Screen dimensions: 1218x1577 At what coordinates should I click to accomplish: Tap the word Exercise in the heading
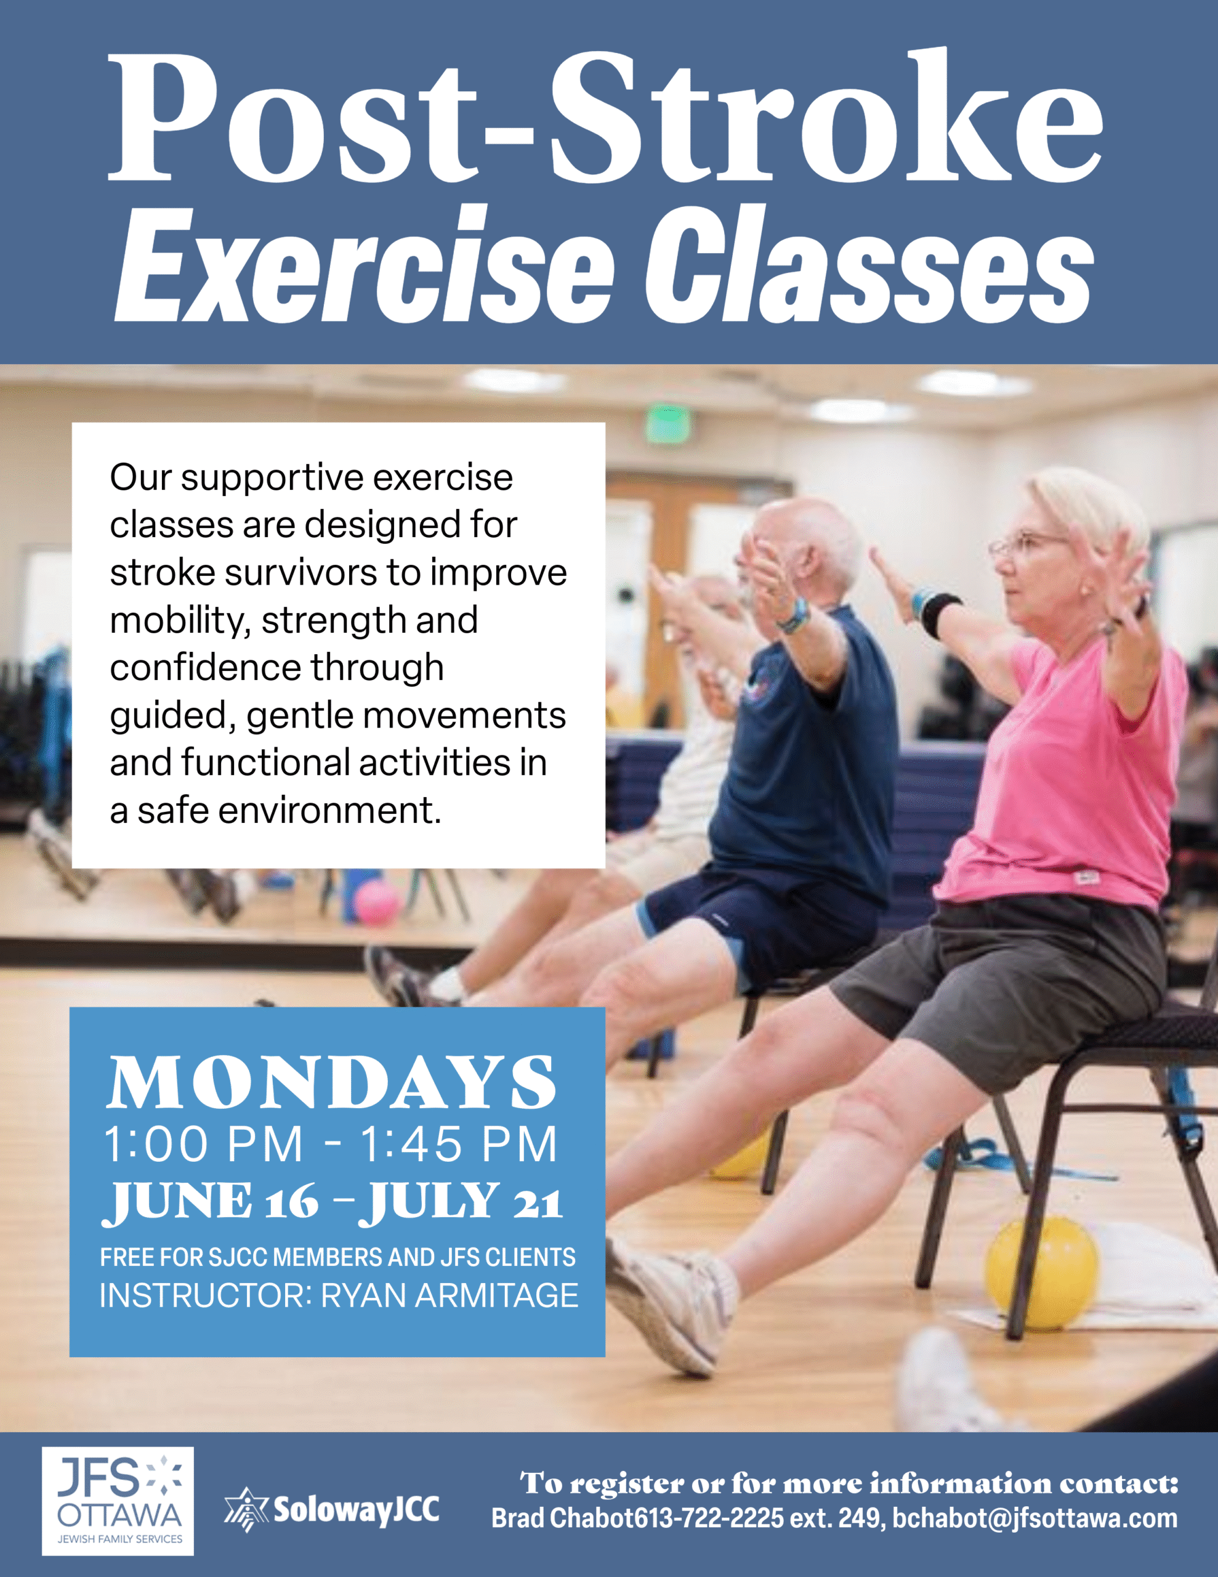(x=364, y=264)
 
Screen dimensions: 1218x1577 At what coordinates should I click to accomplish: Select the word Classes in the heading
(x=869, y=264)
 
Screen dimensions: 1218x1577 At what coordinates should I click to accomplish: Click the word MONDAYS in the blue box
(x=331, y=1081)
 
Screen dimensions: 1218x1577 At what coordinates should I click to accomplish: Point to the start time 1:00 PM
(x=204, y=1144)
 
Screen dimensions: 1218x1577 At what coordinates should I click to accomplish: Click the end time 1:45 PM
(x=459, y=1144)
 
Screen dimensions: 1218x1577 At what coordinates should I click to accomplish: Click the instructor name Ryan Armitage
(x=449, y=1295)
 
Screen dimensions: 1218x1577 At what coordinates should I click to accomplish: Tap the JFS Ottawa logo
(x=118, y=1501)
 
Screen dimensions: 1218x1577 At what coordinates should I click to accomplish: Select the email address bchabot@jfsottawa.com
(x=1034, y=1518)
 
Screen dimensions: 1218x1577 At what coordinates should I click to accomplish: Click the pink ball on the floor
(x=376, y=903)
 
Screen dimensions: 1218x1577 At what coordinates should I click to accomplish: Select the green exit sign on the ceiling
(x=668, y=424)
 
